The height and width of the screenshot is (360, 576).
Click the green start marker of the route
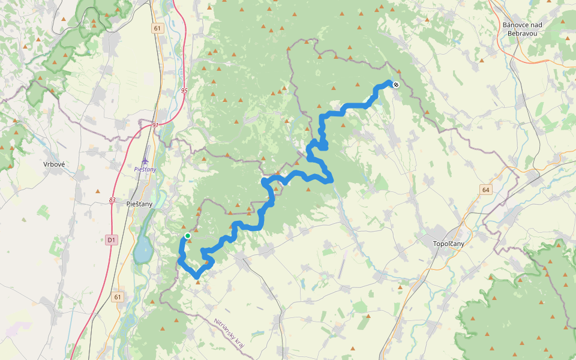point(188,236)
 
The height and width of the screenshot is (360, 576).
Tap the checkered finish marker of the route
point(396,85)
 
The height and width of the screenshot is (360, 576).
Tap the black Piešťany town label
point(140,204)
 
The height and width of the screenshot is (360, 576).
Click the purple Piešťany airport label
point(145,169)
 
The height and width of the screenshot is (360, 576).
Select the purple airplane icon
point(145,161)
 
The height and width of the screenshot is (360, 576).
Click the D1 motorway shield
point(111,240)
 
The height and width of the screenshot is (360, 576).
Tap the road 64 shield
point(485,190)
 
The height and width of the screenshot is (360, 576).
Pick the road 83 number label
point(112,200)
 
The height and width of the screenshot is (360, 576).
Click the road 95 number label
point(184,91)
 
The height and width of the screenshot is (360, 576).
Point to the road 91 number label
point(155,125)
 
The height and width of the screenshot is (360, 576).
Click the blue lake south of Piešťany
point(142,250)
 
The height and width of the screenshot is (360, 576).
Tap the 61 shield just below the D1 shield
point(118,296)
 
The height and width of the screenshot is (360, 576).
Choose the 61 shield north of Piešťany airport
point(157,28)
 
